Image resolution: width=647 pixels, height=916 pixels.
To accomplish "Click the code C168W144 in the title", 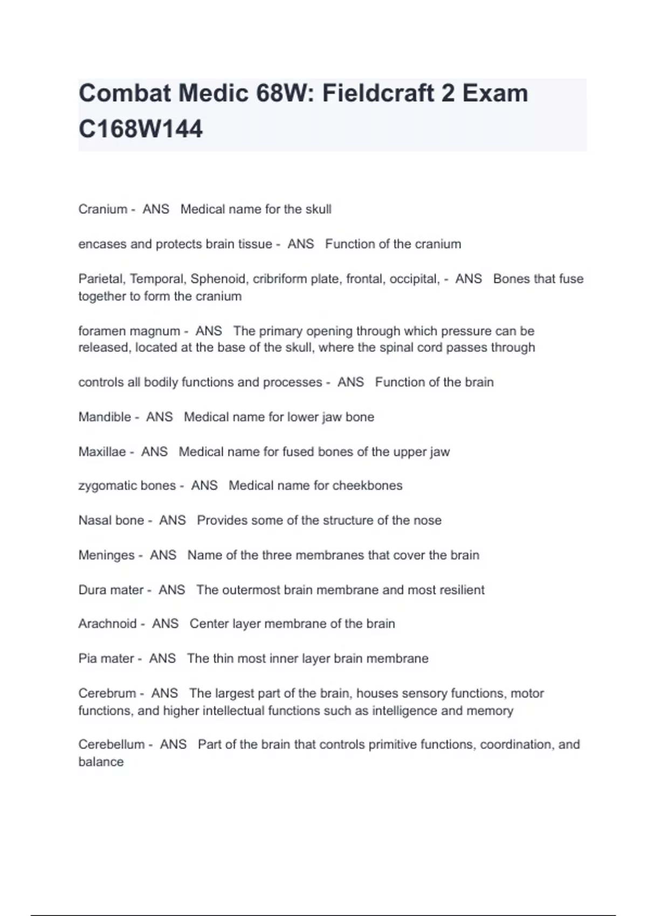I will point(141,129).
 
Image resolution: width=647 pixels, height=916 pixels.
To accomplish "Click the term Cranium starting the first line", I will point(103,209).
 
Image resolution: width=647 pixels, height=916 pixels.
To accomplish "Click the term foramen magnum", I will point(129,331).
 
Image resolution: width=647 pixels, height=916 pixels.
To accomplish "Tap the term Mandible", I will point(105,417).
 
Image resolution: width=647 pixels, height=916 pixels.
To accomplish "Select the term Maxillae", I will point(102,452).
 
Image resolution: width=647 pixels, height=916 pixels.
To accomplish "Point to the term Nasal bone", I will point(111,521).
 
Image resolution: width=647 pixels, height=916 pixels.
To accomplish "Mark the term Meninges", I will point(106,555).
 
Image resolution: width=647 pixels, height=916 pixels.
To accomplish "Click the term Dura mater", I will point(111,590).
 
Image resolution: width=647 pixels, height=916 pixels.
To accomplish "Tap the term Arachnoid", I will point(107,624).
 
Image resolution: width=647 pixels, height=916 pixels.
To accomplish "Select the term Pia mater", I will point(106,658).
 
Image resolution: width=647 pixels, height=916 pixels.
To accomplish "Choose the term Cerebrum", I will point(107,693).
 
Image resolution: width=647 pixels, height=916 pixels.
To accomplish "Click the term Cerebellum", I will point(112,745).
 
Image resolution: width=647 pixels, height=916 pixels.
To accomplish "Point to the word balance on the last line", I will point(101,762).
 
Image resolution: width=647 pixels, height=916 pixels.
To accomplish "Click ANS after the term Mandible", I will point(160,417).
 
